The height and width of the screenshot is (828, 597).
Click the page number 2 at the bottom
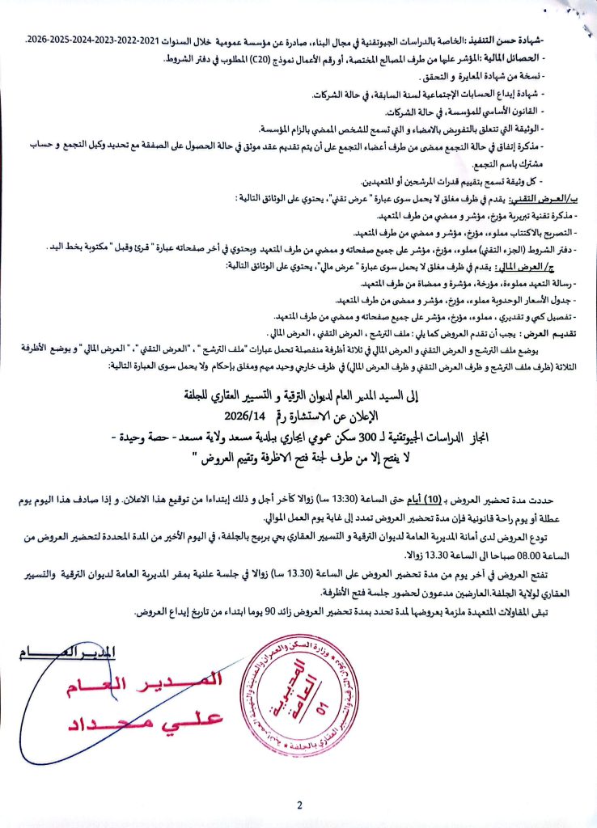(299, 805)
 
